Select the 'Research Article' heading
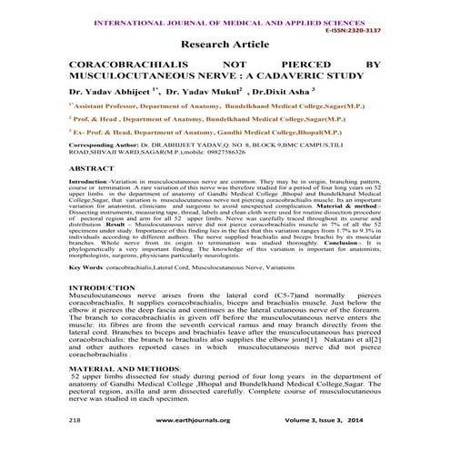(x=225, y=44)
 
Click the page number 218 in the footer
(x=75, y=422)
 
